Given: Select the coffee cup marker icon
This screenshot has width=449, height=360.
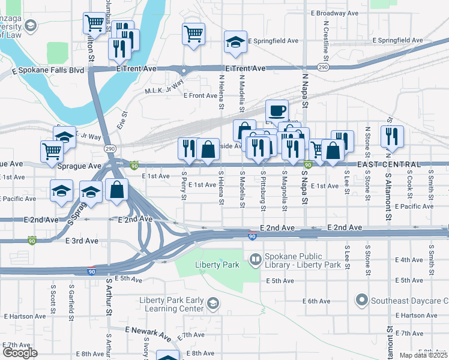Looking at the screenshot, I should tap(277, 110).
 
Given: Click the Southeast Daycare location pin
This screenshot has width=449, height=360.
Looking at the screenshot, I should tap(361, 298).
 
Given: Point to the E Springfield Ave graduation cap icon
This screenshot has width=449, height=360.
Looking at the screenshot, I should tap(235, 41).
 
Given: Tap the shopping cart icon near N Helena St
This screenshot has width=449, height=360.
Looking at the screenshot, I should tap(193, 34).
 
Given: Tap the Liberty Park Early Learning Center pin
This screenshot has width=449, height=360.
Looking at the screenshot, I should tap(211, 304).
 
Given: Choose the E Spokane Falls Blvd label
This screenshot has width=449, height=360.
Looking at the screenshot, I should tap(48, 70).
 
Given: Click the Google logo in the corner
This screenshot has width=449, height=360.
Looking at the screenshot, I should tap(20, 353).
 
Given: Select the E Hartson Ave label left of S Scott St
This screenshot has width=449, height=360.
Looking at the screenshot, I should tap(24, 316).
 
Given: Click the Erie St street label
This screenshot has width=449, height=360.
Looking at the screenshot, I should tap(125, 116).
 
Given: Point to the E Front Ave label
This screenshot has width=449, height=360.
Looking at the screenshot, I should tap(200, 95).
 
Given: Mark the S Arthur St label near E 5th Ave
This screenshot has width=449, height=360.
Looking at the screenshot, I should tap(109, 296).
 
